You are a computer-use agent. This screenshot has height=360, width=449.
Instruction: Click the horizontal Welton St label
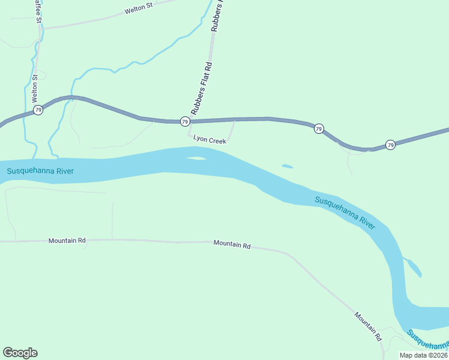[x=139, y=10]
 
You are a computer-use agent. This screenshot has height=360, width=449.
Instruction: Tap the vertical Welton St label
[x=35, y=87]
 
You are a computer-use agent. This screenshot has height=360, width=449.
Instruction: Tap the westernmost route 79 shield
[x=38, y=110]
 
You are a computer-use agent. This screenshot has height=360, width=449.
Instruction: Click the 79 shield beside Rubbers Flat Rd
[x=185, y=121]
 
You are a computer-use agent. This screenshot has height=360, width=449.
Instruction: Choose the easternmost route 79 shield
[x=390, y=145]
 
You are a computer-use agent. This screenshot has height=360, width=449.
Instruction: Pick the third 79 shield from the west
[x=319, y=129]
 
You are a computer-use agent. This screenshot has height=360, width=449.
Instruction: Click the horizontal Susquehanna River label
[x=40, y=171]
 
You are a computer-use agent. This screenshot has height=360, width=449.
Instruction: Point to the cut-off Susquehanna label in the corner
[x=428, y=340]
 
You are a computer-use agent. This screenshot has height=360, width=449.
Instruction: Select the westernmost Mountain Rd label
[x=67, y=241]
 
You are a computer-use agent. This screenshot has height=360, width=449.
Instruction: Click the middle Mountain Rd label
[x=232, y=244]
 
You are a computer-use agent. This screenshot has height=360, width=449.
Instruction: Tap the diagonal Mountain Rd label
[x=368, y=326]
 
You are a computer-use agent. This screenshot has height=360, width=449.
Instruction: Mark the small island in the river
[x=196, y=158]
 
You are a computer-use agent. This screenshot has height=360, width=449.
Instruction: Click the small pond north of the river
[x=287, y=166]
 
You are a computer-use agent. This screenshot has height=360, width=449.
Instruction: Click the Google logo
[x=20, y=353]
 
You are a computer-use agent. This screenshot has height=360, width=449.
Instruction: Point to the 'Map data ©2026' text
[x=423, y=355]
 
